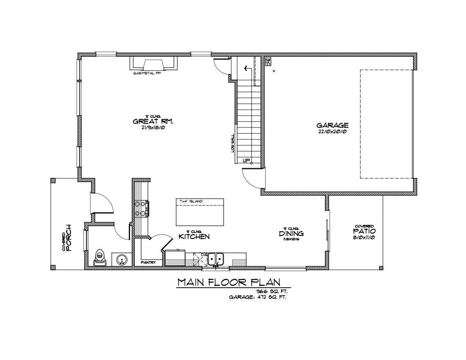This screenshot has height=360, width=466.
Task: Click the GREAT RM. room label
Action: click(x=153, y=122)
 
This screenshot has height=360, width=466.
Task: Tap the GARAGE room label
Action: click(x=333, y=125)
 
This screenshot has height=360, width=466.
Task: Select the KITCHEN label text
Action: click(x=194, y=236)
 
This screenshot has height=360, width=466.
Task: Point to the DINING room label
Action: click(x=291, y=234)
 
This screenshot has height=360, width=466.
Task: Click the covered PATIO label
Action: click(x=364, y=232)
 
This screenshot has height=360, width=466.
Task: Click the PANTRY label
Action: click(x=148, y=263)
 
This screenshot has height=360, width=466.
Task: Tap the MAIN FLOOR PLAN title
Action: click(x=229, y=282)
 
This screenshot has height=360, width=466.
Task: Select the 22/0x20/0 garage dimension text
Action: click(x=333, y=132)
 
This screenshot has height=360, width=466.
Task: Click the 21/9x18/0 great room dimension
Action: click(x=153, y=127)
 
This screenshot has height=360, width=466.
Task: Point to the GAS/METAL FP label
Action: click(x=147, y=73)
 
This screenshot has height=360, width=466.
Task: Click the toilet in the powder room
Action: click(x=100, y=258)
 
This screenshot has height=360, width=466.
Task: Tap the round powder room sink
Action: click(x=121, y=259)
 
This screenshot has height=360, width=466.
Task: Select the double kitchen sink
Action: click(x=216, y=258)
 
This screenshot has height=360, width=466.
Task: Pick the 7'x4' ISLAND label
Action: click(x=191, y=201)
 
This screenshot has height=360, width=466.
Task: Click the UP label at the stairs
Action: click(x=246, y=161)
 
